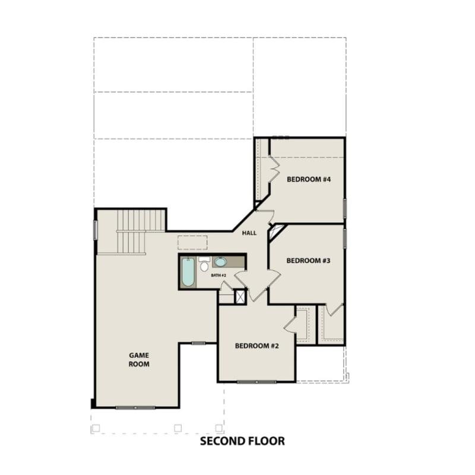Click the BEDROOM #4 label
point(308,179)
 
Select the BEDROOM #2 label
point(256,346)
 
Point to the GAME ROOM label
point(139,360)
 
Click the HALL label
point(249,233)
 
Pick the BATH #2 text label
point(218,276)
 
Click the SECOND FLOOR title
point(242,441)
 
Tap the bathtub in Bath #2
point(188,271)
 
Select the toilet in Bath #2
point(204,265)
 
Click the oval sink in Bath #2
point(220,262)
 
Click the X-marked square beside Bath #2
point(240,297)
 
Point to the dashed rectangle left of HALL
point(192,242)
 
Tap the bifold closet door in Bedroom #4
point(274,170)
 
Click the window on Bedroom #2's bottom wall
point(256,382)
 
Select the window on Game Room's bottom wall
point(135,408)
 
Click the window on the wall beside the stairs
point(95,230)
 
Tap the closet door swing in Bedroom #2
point(291,324)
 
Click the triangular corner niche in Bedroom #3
point(275,232)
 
